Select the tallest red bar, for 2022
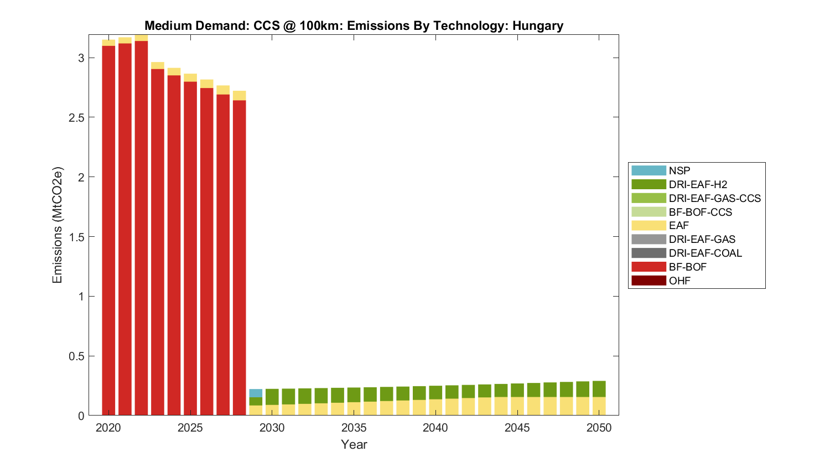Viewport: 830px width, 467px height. point(141,227)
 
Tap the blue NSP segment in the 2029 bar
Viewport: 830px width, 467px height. point(256,393)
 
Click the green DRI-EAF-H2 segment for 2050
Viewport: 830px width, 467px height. point(599,389)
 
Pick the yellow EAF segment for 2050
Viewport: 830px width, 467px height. point(599,406)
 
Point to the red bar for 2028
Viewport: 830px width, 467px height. point(239,257)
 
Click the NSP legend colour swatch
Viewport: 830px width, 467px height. point(649,170)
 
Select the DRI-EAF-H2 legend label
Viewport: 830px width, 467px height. point(698,184)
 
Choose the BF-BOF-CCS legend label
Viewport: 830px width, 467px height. point(700,212)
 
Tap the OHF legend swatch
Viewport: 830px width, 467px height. point(649,281)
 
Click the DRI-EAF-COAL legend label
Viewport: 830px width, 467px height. point(705,253)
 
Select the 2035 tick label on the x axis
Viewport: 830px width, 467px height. point(354,428)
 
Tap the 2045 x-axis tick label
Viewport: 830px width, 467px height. point(517,428)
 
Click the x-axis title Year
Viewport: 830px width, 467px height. point(354,444)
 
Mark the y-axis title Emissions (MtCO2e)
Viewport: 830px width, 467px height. point(57,225)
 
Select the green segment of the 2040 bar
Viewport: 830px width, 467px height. point(435,392)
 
